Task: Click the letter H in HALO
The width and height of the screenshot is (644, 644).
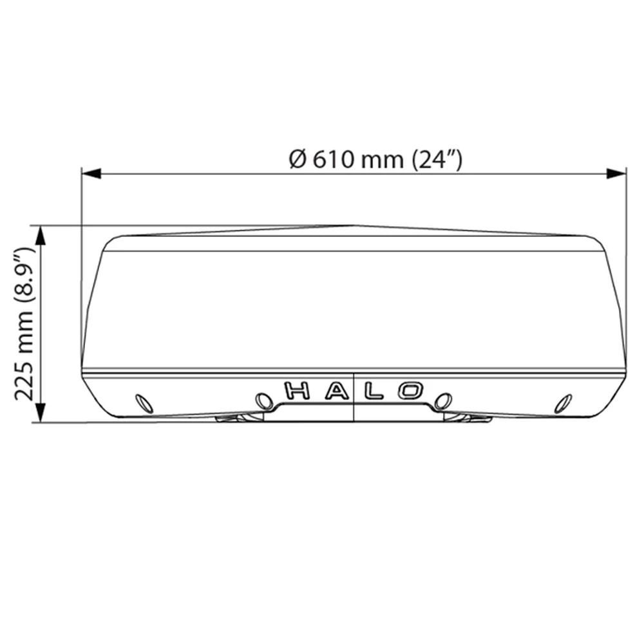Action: tap(298, 391)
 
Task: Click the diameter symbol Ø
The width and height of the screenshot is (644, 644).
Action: tap(297, 158)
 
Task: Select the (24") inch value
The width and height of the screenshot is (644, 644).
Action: tap(437, 158)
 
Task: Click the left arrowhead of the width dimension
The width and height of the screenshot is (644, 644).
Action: tap(91, 173)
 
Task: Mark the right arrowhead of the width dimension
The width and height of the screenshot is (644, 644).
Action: tap(617, 173)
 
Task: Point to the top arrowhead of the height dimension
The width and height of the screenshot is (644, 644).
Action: tap(40, 234)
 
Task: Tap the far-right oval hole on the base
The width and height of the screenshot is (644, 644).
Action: tap(565, 403)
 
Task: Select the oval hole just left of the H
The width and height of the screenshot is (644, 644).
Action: tap(263, 401)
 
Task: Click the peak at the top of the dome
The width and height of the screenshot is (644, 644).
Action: tap(353, 226)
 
